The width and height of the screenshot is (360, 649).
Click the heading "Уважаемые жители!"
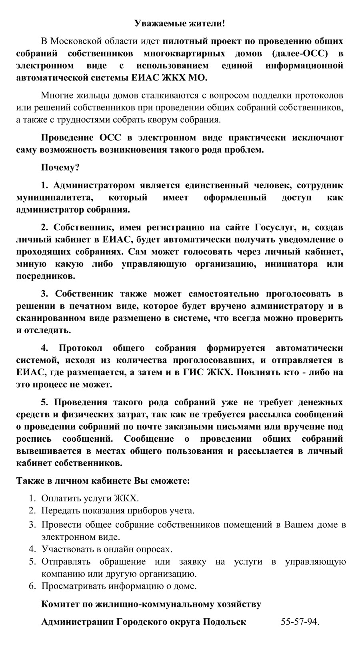[180, 24]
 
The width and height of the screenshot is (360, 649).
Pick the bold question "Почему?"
[60, 167]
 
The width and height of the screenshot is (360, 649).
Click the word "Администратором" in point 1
[93, 185]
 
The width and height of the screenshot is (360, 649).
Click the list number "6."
[32, 587]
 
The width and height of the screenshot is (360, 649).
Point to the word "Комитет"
[60, 604]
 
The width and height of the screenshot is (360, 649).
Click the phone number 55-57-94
[300, 622]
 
